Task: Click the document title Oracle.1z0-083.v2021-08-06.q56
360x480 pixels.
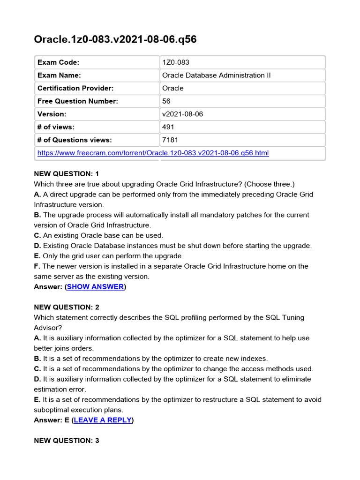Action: coord(115,39)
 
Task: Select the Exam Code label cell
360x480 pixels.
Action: coord(58,62)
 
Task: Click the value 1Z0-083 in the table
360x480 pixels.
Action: coord(176,62)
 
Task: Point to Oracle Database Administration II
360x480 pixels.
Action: coord(216,75)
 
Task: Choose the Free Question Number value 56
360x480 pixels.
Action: coord(166,101)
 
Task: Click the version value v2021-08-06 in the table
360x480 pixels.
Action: coord(182,114)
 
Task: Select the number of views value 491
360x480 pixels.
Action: coord(168,127)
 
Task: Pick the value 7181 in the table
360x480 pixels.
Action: coord(170,140)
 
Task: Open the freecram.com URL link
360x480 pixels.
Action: coord(153,153)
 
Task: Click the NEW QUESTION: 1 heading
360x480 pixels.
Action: coord(67,173)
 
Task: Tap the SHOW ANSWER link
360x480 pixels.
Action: coord(96,286)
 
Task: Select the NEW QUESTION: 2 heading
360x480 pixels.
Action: coord(67,307)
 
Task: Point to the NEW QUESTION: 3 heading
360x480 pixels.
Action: coord(67,441)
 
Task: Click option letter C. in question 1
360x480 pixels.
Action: coord(37,235)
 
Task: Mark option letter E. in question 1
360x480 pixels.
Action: coord(37,256)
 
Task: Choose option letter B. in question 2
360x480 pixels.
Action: coord(37,359)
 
